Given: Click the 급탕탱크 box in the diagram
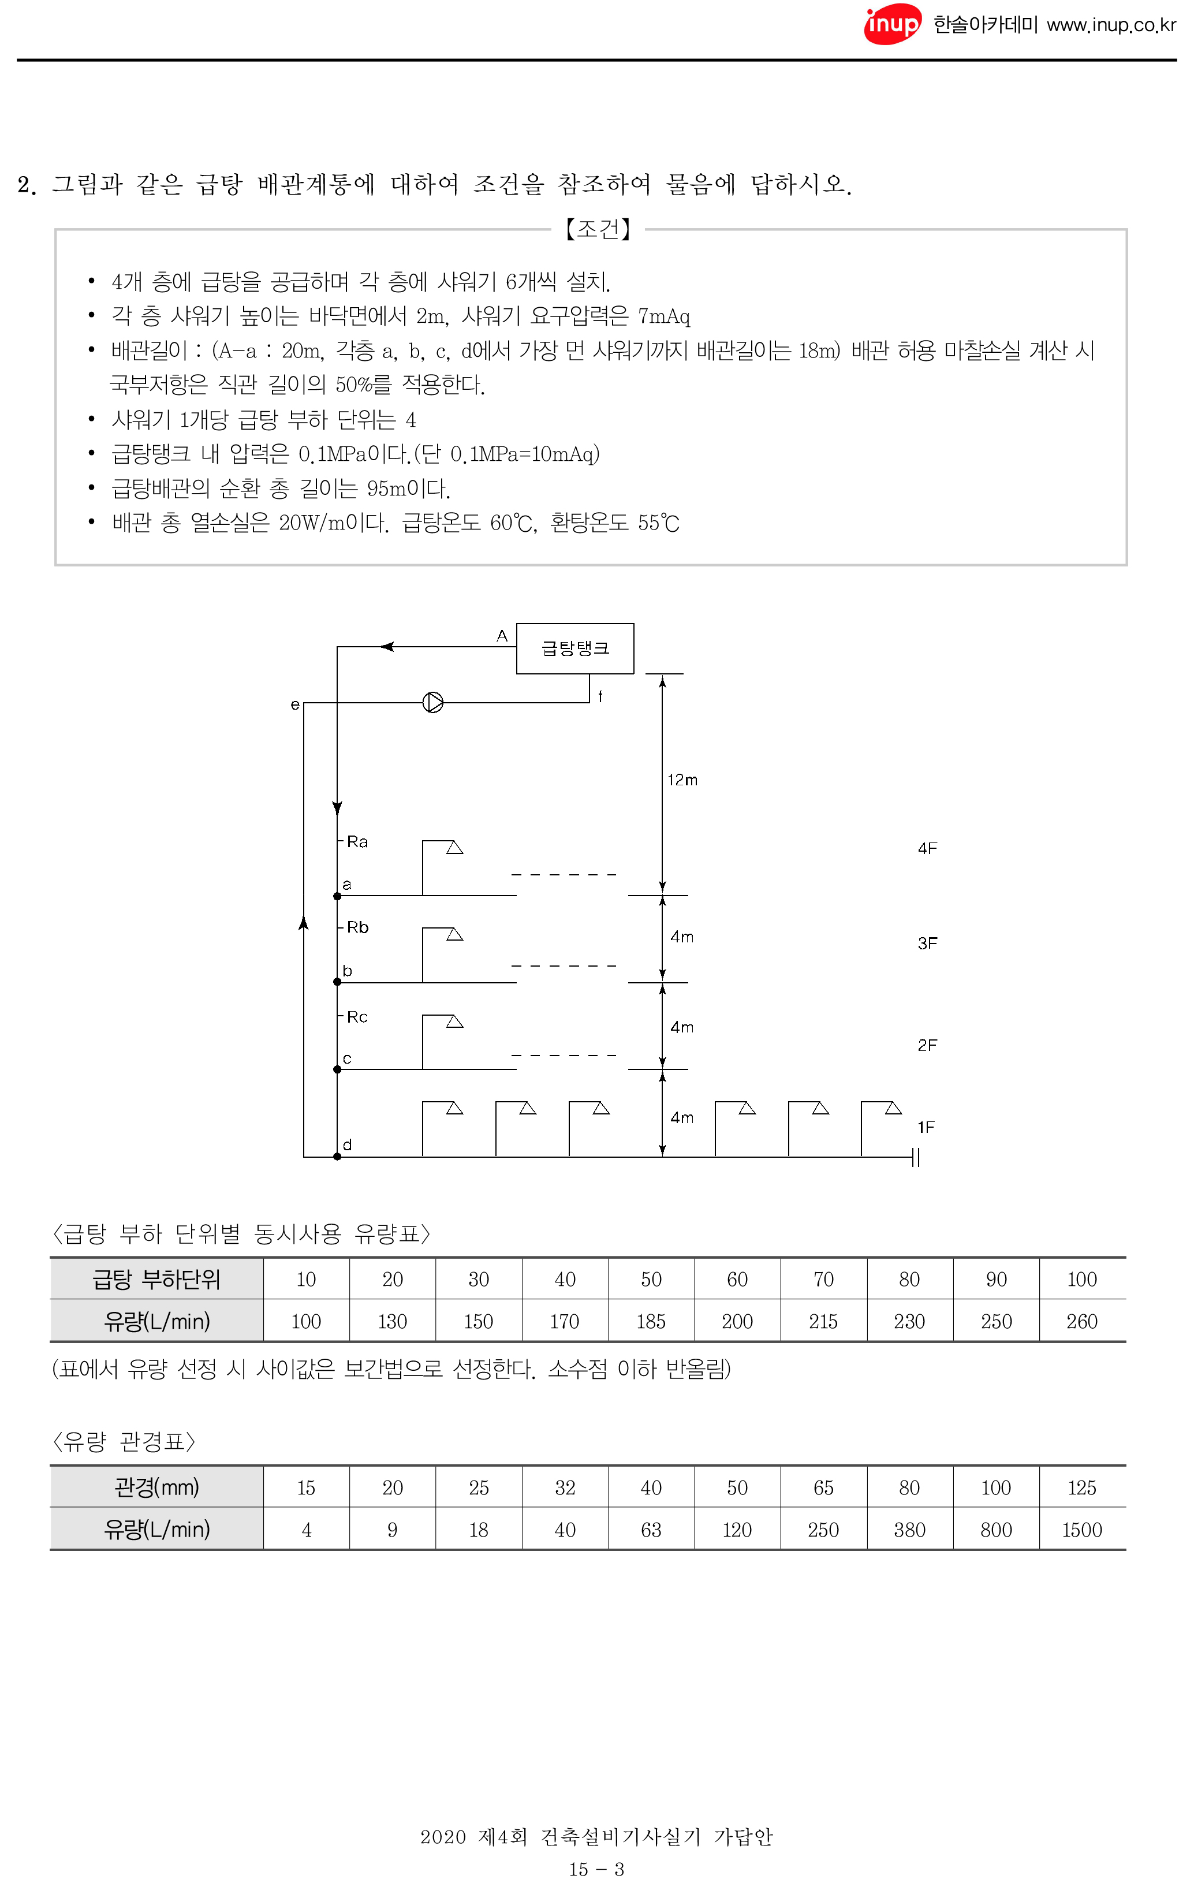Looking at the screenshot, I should (574, 648).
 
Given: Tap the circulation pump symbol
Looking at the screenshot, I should (432, 702).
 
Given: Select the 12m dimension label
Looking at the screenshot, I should (682, 780).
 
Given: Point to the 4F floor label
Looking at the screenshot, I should (927, 848).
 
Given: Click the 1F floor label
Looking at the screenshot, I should (925, 1127).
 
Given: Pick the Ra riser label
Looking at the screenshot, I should (357, 841).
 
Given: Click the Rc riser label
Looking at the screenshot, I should (357, 1017).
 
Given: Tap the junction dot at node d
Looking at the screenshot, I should (337, 1157).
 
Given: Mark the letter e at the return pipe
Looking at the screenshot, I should (295, 704).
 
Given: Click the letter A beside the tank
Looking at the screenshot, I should (502, 636).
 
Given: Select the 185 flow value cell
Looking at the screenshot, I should (651, 1322).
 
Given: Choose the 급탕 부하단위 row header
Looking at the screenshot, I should (156, 1280).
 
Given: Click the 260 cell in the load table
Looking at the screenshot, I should (1081, 1322).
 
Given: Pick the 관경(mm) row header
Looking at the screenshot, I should (156, 1487).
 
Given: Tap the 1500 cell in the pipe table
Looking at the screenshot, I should (1081, 1530).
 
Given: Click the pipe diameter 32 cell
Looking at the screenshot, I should (565, 1487).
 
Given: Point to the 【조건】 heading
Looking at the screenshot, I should (598, 229).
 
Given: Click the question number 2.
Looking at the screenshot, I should (27, 185).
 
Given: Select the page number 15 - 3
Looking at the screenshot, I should (596, 1869).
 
